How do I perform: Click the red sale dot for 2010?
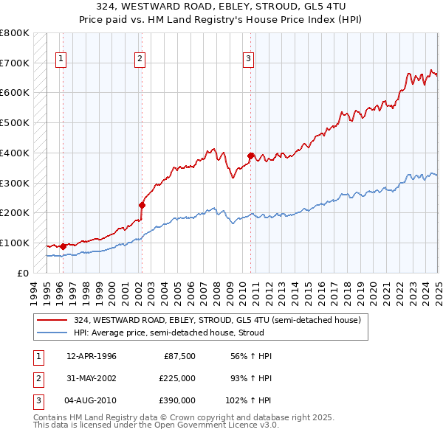[251, 156]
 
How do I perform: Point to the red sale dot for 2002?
[142, 205]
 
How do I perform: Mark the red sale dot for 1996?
[63, 246]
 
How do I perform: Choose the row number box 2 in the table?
[38, 378]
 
